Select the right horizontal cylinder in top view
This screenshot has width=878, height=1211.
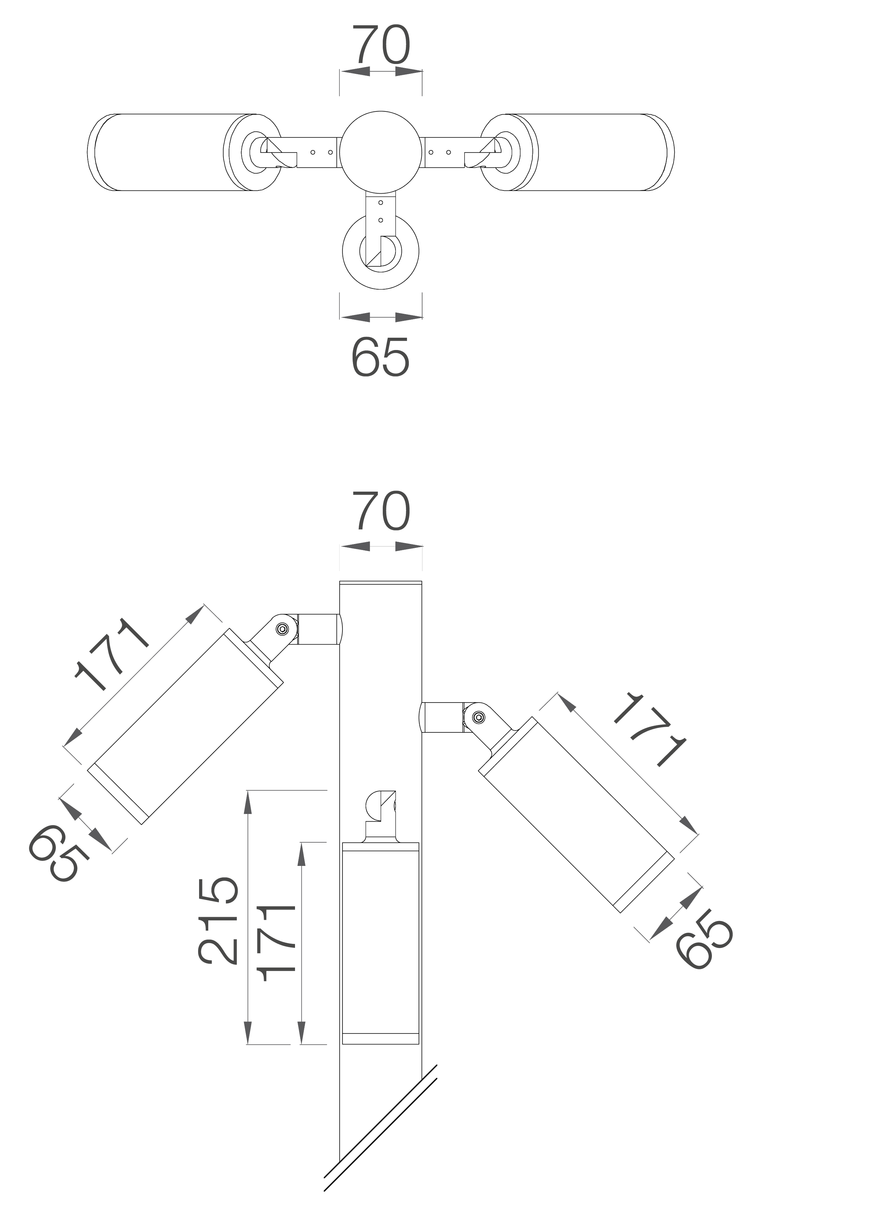[x=592, y=151]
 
